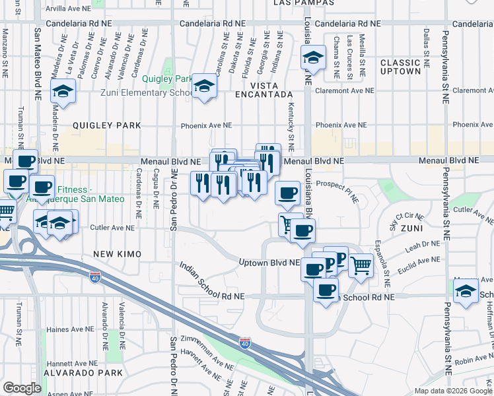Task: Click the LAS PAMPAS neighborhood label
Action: pos(302,3)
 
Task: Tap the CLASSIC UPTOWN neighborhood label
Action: pos(400,67)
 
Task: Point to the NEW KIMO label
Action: pos(114,254)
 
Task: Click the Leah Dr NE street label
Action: pos(422,246)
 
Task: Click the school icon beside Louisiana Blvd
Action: pos(314,57)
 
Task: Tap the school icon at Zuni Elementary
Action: pos(204,86)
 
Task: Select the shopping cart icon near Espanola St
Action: pos(360,266)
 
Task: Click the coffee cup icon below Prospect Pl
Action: pos(287,193)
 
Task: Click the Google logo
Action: pos(22,388)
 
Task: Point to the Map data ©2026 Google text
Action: pos(452,391)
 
